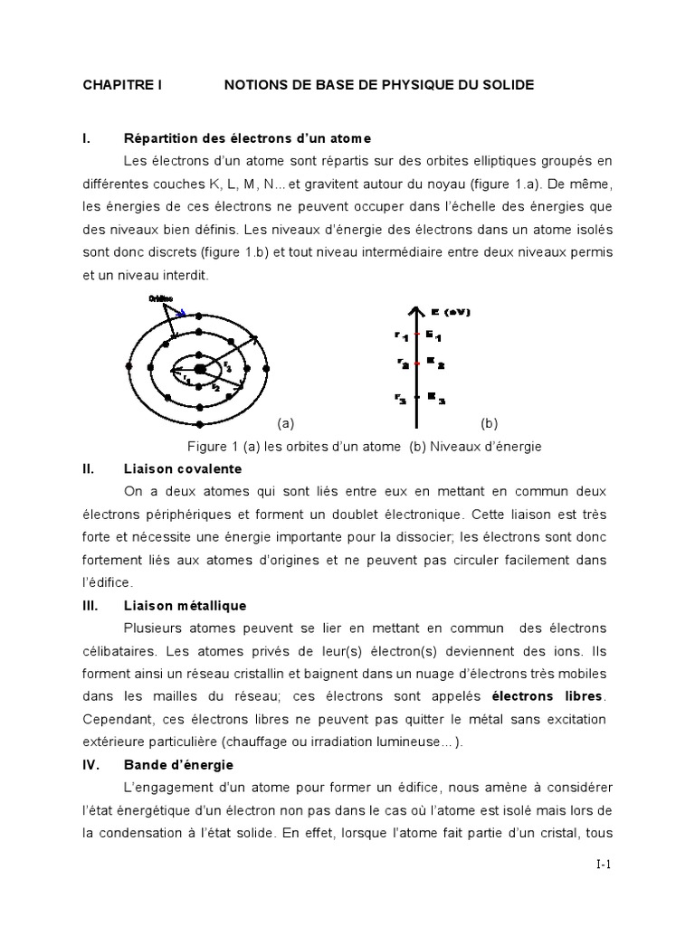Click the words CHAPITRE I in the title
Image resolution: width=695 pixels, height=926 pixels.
[x=122, y=85]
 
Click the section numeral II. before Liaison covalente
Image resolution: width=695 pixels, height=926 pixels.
[x=89, y=469]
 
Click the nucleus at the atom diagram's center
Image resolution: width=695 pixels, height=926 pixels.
[x=199, y=368]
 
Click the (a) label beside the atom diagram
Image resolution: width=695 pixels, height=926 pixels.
[x=286, y=422]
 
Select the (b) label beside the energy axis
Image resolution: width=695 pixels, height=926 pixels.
[x=490, y=422]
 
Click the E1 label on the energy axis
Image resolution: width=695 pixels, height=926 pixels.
[x=433, y=335]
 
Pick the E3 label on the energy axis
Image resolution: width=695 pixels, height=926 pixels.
[x=434, y=396]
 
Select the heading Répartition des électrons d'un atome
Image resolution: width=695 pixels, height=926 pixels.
[x=247, y=138]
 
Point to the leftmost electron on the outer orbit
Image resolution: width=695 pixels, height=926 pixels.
[x=128, y=368]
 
